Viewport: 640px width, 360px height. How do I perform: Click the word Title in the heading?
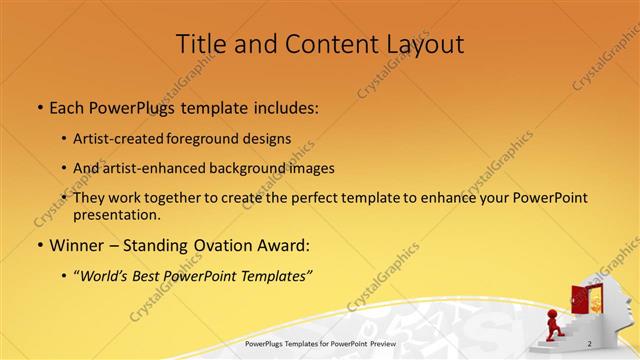click(x=200, y=44)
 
